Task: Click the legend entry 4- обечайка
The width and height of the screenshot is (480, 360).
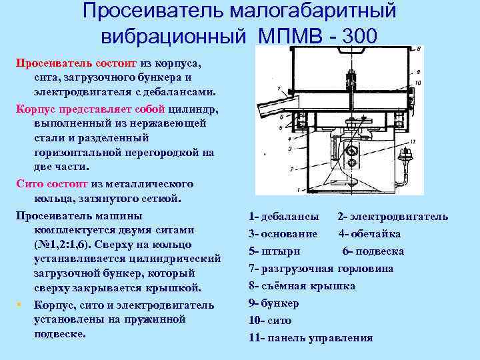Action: point(369,234)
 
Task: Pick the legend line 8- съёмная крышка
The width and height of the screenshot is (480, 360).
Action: point(301,286)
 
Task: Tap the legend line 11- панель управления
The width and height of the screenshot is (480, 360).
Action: point(310,338)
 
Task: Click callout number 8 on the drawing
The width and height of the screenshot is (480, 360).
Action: point(417,49)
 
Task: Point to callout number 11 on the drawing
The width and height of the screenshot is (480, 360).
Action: point(413,141)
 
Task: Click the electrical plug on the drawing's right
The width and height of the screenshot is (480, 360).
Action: point(404,157)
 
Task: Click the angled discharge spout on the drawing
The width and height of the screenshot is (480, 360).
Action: point(275,107)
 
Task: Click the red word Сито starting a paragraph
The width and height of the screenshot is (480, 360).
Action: point(28,183)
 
